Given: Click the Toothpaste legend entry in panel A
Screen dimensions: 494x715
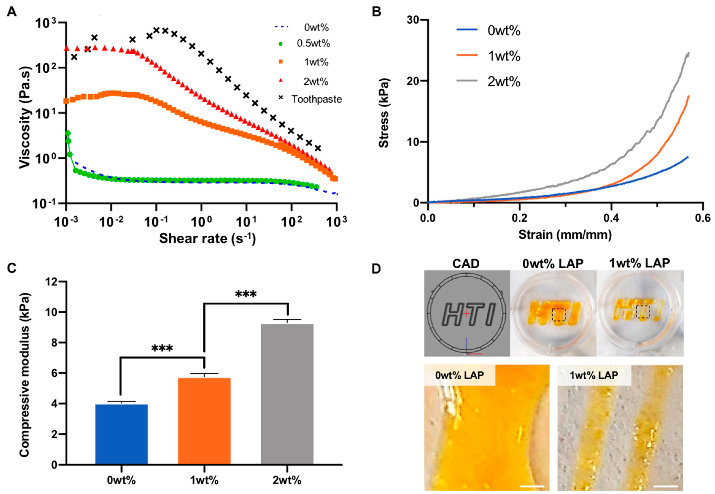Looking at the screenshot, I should [x=316, y=99].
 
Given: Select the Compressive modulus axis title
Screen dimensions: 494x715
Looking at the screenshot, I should [x=25, y=375].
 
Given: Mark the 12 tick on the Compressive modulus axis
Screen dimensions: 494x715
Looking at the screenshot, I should [x=51, y=282].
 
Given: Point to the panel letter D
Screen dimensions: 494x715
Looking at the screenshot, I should [x=376, y=269].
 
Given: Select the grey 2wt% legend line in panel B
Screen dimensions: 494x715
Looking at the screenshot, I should [x=467, y=81].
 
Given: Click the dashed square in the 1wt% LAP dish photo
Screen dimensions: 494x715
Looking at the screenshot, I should [x=643, y=320].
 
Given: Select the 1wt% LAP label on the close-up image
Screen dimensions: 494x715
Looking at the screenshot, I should [x=594, y=375].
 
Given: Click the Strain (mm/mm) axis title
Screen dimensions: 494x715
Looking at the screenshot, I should [x=565, y=235].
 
